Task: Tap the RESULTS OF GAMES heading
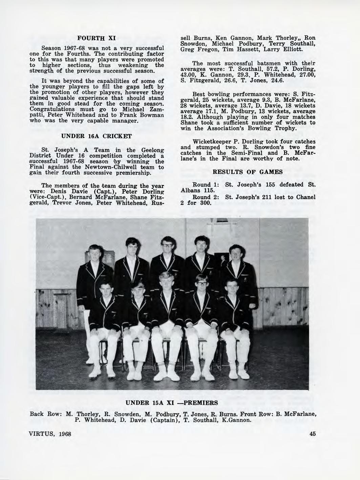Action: pyautogui.click(x=248, y=172)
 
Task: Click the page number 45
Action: pyautogui.click(x=312, y=434)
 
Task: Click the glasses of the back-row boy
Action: pyautogui.click(x=167, y=243)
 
